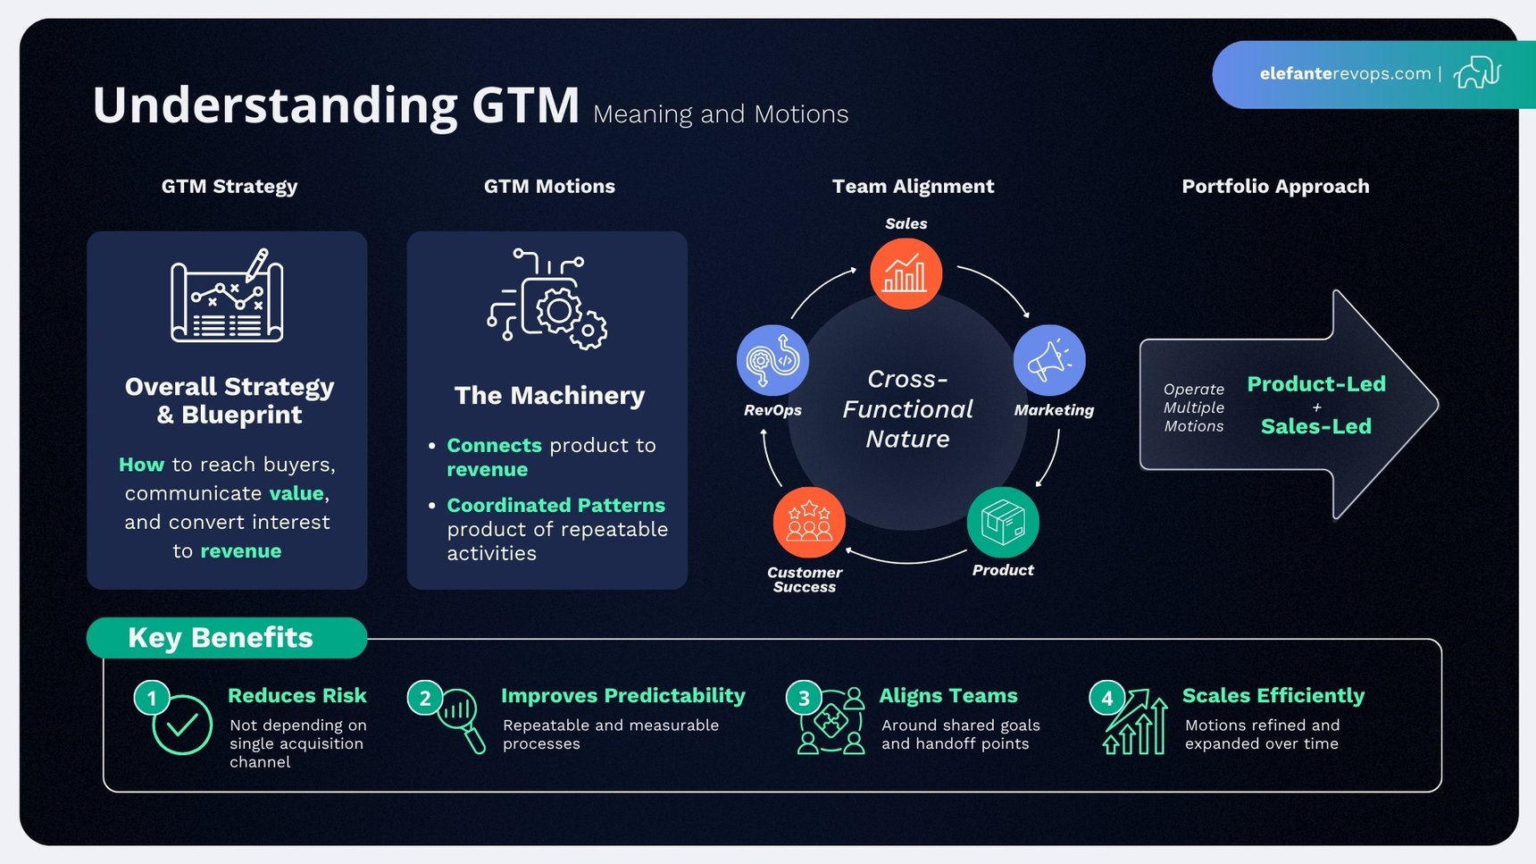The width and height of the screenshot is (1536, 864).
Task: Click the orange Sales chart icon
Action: (906, 273)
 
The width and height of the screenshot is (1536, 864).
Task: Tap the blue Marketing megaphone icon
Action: (1049, 360)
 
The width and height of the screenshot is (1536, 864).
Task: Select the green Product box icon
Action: (1003, 522)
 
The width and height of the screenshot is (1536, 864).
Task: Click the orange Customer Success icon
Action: (809, 522)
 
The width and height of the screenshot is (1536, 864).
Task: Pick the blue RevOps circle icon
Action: (772, 360)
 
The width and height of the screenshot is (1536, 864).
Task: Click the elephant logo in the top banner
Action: (1477, 73)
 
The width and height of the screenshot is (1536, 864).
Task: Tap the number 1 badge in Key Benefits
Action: (152, 698)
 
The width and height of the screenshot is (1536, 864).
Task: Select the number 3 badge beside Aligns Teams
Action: (804, 698)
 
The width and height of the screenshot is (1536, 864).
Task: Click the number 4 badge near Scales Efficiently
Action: (1107, 698)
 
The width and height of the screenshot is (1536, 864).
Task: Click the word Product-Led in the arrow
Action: (1316, 384)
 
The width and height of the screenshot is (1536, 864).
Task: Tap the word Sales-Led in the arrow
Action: (1316, 426)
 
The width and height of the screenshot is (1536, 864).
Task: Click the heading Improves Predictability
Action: (622, 695)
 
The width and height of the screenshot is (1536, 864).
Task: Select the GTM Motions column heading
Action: (549, 186)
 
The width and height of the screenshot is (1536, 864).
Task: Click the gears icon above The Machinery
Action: (547, 298)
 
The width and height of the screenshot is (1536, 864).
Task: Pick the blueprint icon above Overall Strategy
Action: (227, 296)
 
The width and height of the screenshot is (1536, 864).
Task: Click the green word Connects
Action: (494, 445)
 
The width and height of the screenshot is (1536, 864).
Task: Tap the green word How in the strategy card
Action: (141, 465)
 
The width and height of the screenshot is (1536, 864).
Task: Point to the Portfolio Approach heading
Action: (1275, 186)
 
